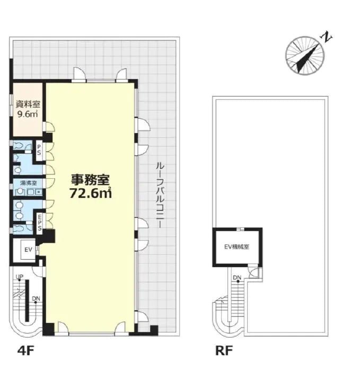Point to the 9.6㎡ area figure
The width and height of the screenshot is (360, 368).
pos(27,113)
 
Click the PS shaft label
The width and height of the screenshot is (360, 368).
pos(39,150)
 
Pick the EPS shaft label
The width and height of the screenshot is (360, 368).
pos(40,221)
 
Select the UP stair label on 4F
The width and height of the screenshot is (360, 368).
pos(19,277)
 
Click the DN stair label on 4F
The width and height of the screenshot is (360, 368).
pos(36,299)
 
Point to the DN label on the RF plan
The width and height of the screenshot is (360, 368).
pos(237,278)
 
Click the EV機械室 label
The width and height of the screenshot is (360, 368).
pos(237,247)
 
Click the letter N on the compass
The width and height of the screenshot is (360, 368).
pos(329,38)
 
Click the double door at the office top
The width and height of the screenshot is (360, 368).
pos(101,75)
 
